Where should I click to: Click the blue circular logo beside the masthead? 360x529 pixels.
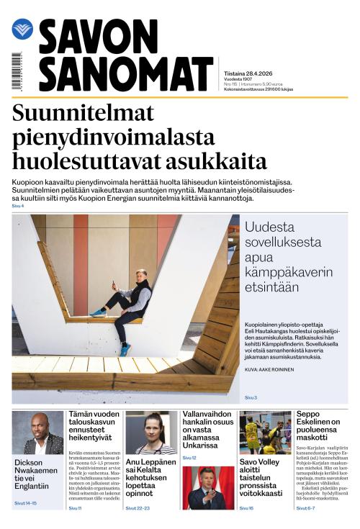(x=22, y=29)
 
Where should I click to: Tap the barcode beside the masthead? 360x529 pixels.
(x=16, y=71)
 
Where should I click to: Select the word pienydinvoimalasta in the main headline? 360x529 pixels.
(x=113, y=136)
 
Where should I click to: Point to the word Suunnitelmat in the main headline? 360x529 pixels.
(x=84, y=112)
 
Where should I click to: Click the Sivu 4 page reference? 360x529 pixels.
(x=18, y=207)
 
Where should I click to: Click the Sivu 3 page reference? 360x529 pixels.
(x=250, y=397)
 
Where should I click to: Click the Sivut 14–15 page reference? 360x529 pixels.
(x=25, y=503)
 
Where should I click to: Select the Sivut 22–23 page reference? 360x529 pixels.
(x=137, y=508)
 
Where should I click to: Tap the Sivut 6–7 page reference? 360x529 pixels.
(x=305, y=508)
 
